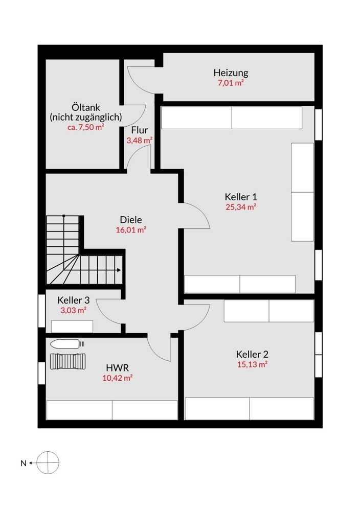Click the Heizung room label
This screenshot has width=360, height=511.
point(231,73)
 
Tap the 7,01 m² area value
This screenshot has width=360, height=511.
point(231,83)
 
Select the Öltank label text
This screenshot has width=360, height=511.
point(85,107)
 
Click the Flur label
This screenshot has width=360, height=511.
point(139,130)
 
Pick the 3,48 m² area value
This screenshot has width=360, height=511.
point(139,140)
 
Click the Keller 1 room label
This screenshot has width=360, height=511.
point(240,197)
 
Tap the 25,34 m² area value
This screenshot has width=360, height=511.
point(240,207)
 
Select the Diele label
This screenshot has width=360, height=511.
point(131,220)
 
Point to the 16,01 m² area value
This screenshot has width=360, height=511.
point(131,230)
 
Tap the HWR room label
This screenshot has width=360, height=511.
point(117,367)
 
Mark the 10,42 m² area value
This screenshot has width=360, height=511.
point(117,378)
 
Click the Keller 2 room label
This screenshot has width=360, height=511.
point(252,354)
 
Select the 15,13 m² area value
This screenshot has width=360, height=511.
point(252,364)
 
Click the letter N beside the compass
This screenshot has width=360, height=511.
point(23,463)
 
